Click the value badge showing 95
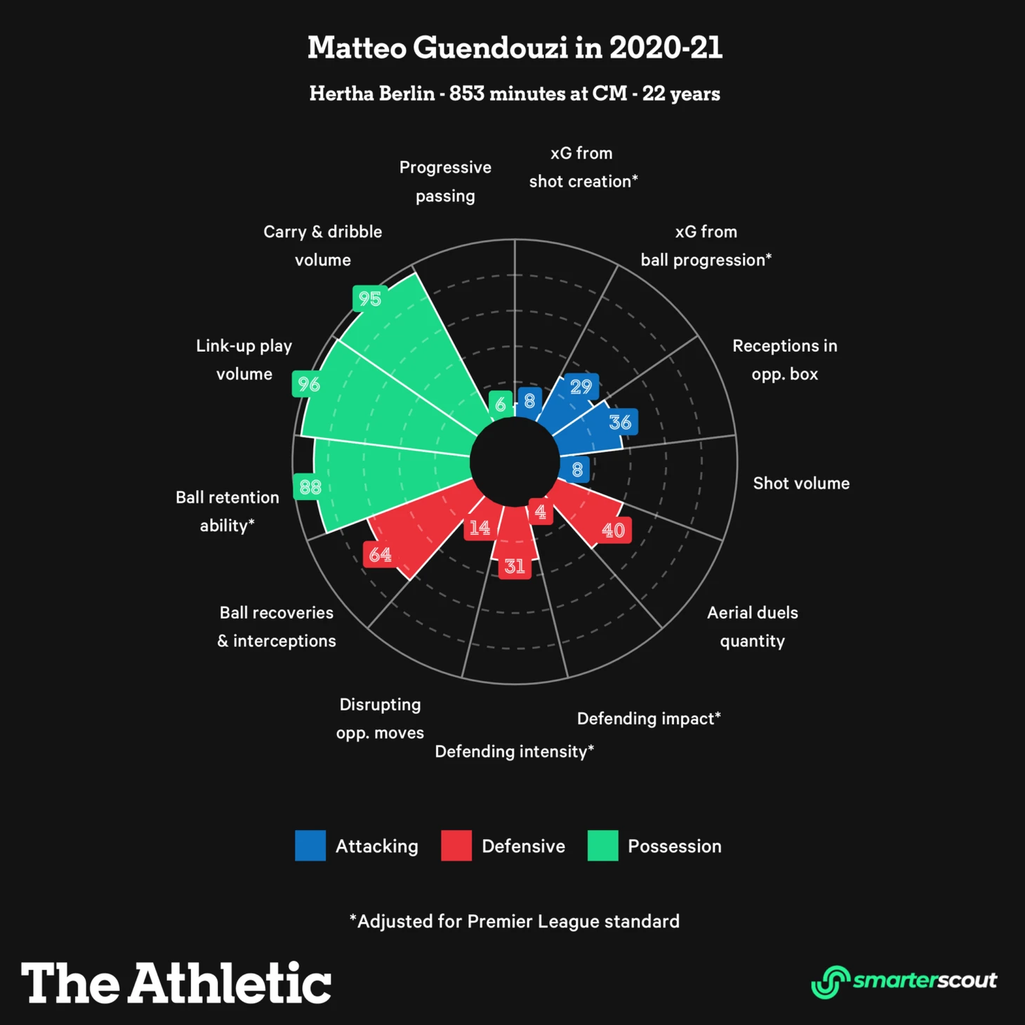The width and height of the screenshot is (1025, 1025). pyautogui.click(x=369, y=298)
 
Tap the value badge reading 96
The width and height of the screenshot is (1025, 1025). pyautogui.click(x=308, y=384)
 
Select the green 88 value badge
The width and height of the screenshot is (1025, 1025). pyautogui.click(x=310, y=487)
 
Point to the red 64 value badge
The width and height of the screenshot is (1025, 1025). pyautogui.click(x=380, y=555)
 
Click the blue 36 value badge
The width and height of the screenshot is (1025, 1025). pyautogui.click(x=620, y=422)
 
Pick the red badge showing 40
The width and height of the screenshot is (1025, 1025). pyautogui.click(x=613, y=530)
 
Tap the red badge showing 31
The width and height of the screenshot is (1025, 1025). pyautogui.click(x=515, y=566)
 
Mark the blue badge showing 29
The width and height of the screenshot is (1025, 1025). pyautogui.click(x=581, y=386)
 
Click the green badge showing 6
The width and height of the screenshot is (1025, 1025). pyautogui.click(x=500, y=404)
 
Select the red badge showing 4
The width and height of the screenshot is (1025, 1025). pyautogui.click(x=540, y=512)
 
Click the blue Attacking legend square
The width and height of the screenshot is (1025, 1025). pyautogui.click(x=310, y=845)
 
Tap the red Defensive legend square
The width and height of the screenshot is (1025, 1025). pyautogui.click(x=456, y=845)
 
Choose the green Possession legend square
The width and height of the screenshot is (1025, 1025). pyautogui.click(x=602, y=845)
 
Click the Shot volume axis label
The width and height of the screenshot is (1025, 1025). pyautogui.click(x=801, y=483)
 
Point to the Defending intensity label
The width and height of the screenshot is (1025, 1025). pyautogui.click(x=514, y=751)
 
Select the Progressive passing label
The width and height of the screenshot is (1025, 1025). pyautogui.click(x=445, y=181)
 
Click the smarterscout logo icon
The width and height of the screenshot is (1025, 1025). pyautogui.click(x=831, y=981)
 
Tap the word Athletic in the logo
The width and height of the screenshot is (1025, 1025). pyautogui.click(x=230, y=982)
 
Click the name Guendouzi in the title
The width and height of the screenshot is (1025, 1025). pyautogui.click(x=490, y=48)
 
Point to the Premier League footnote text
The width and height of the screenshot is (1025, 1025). pyautogui.click(x=515, y=921)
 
